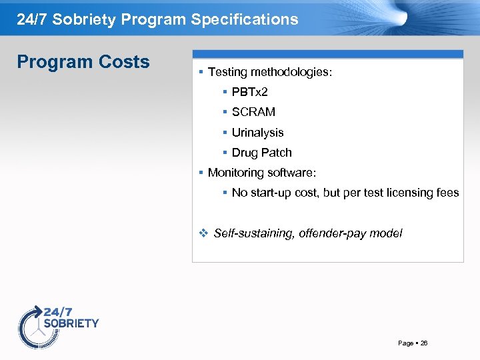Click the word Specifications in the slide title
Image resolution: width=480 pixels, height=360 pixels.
(x=245, y=19)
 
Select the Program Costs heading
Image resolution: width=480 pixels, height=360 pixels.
(x=83, y=62)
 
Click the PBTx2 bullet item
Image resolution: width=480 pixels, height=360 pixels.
(x=249, y=92)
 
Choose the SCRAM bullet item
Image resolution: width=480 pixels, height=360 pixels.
(x=253, y=112)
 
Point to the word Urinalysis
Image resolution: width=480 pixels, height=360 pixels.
(x=257, y=133)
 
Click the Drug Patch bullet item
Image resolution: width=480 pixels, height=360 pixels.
(x=261, y=153)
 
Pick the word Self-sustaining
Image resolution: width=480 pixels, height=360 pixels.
(x=254, y=233)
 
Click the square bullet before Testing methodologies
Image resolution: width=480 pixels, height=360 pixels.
(x=201, y=72)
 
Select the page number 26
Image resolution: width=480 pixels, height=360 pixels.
(x=424, y=343)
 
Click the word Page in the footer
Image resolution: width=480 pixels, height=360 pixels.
(x=405, y=343)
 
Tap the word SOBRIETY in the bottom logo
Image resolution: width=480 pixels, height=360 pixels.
(x=71, y=323)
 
